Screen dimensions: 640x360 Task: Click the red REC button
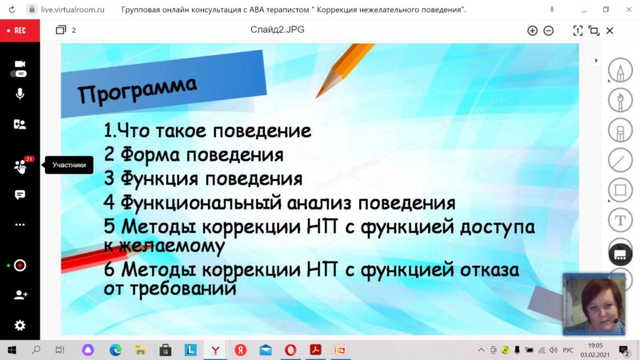point(19,30)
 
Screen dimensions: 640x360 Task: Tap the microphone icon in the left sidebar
point(19,94)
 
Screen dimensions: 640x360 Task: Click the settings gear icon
point(19,326)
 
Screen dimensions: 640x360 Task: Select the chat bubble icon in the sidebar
point(19,194)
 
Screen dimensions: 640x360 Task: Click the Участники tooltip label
point(69,165)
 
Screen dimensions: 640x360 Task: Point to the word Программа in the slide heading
point(137,89)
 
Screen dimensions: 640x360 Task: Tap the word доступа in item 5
point(497,227)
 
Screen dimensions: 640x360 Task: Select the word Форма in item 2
point(150,155)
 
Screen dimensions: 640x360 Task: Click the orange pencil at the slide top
point(344,70)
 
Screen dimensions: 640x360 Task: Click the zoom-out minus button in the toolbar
point(549,30)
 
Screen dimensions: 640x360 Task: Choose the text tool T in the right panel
point(620,221)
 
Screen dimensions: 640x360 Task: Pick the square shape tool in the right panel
point(620,190)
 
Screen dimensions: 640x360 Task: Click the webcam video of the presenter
point(594,304)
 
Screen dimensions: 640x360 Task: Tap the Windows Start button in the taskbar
point(12,350)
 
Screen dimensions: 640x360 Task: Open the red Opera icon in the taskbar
point(290,350)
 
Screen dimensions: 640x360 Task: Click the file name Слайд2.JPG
point(277,30)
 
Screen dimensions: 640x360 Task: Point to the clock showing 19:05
point(595,346)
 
